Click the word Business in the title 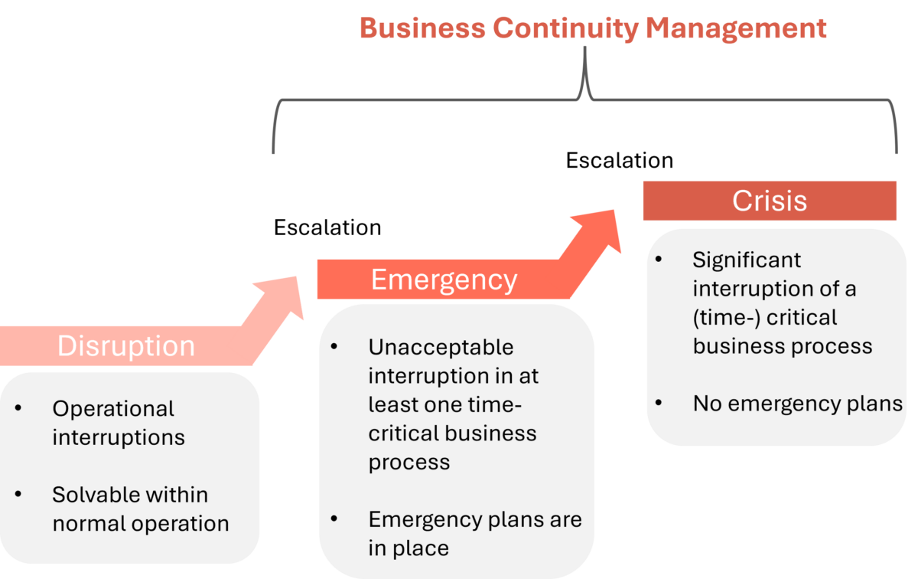click(422, 28)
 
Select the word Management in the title click(736, 28)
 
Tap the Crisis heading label click(769, 201)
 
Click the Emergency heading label click(444, 280)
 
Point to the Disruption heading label click(126, 346)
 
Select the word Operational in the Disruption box click(113, 409)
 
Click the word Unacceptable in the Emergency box click(441, 347)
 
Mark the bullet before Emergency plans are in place click(334, 519)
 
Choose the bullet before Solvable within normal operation click(18, 495)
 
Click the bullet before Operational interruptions click(18, 409)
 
